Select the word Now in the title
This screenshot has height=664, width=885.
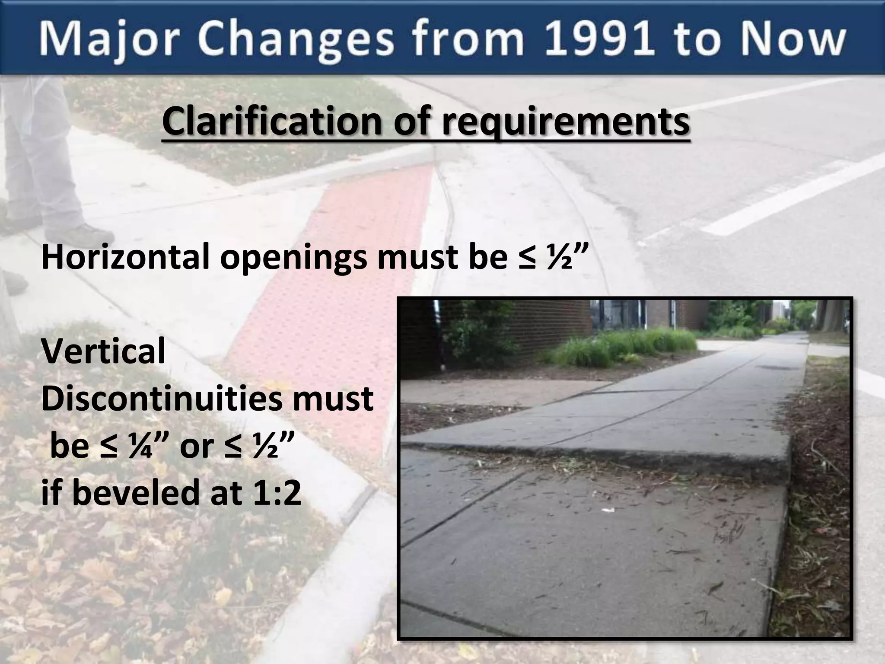point(784,40)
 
